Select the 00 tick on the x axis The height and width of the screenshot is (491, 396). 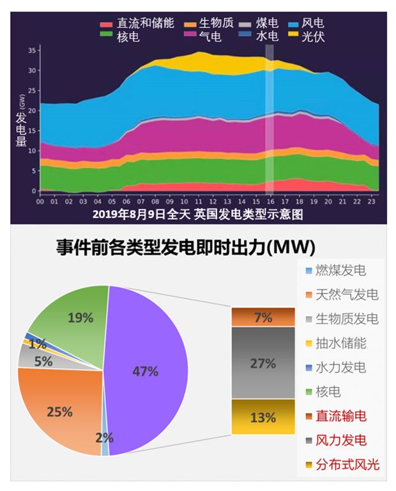(40, 201)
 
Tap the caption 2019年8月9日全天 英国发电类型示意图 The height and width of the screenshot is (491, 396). (197, 214)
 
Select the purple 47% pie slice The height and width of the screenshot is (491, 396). (147, 371)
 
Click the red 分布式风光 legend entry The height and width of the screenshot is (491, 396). (342, 465)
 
